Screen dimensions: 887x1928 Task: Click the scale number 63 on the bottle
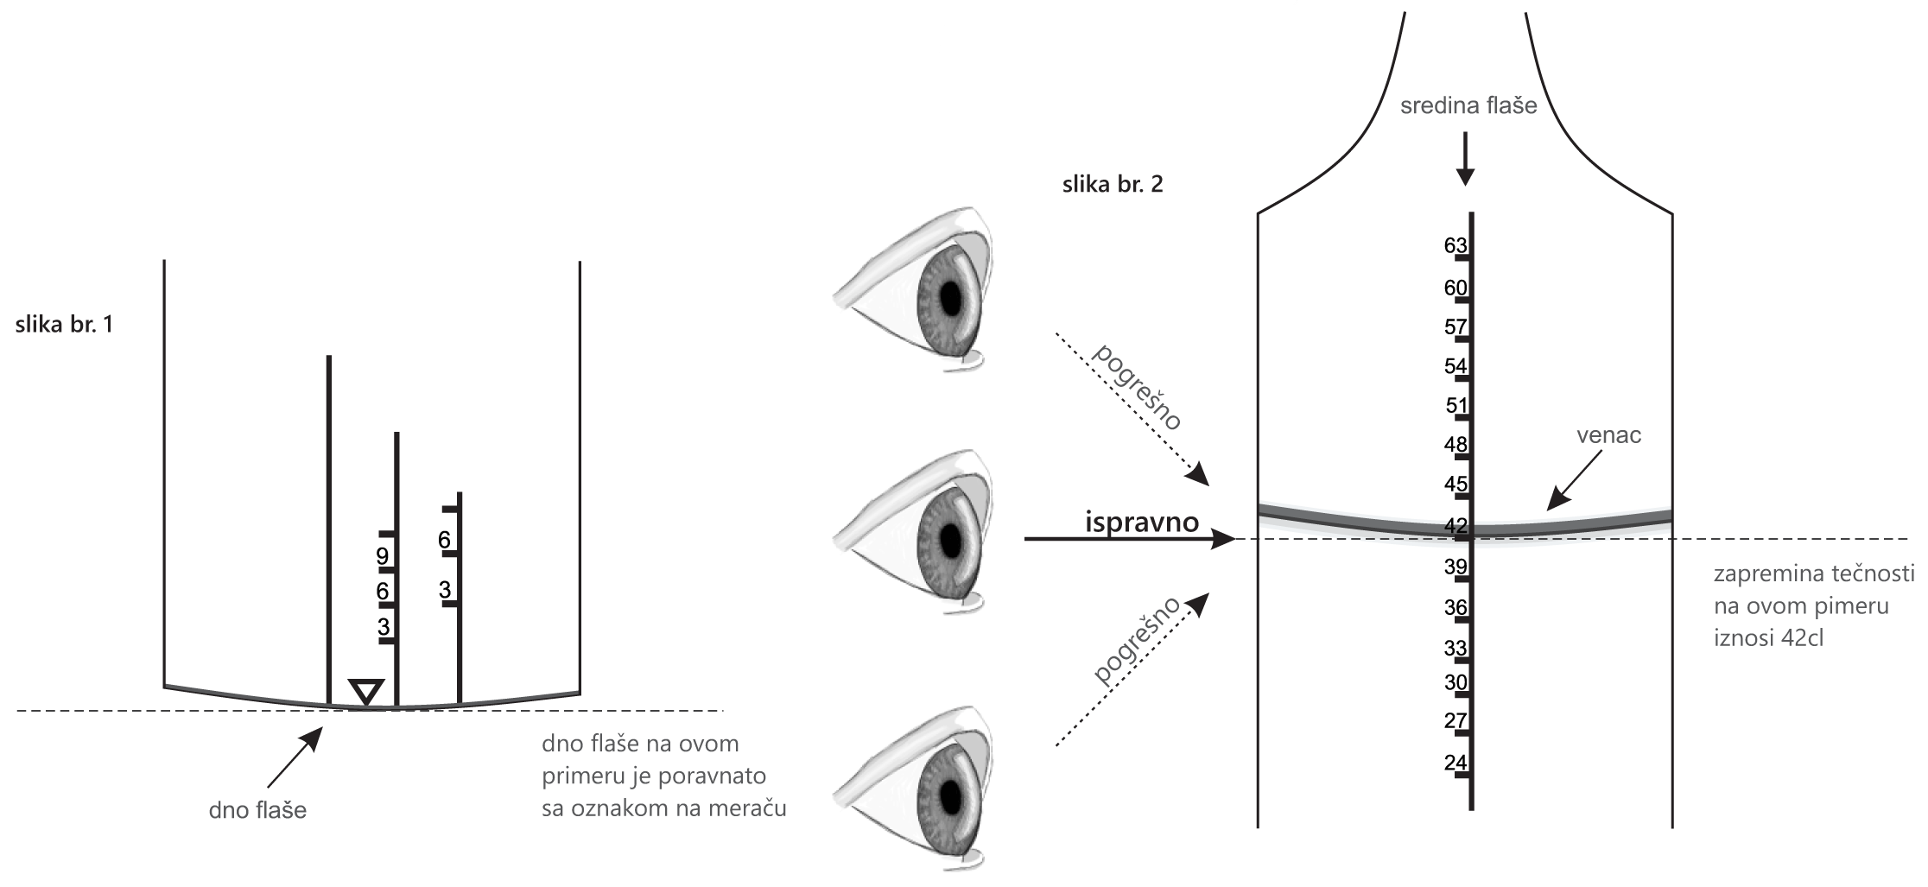1456,245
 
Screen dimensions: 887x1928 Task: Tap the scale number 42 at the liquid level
1456,525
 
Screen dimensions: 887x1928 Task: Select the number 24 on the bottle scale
1456,763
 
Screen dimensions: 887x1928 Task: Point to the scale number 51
1456,406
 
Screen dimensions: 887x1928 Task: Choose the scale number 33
1456,649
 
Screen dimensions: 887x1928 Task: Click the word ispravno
1141,522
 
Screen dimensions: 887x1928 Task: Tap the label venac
1608,435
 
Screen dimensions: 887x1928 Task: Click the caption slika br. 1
64,326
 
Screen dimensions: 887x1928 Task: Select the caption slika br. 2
1112,185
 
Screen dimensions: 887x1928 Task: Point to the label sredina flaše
1469,107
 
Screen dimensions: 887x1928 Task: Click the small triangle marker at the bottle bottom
366,692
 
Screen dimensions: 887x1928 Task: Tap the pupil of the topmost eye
952,299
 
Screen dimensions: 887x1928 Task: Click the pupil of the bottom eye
952,793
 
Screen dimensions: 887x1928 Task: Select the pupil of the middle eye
952,540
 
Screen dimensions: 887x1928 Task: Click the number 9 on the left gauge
383,556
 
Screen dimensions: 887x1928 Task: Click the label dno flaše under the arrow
257,810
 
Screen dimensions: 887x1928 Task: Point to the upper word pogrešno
1136,386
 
